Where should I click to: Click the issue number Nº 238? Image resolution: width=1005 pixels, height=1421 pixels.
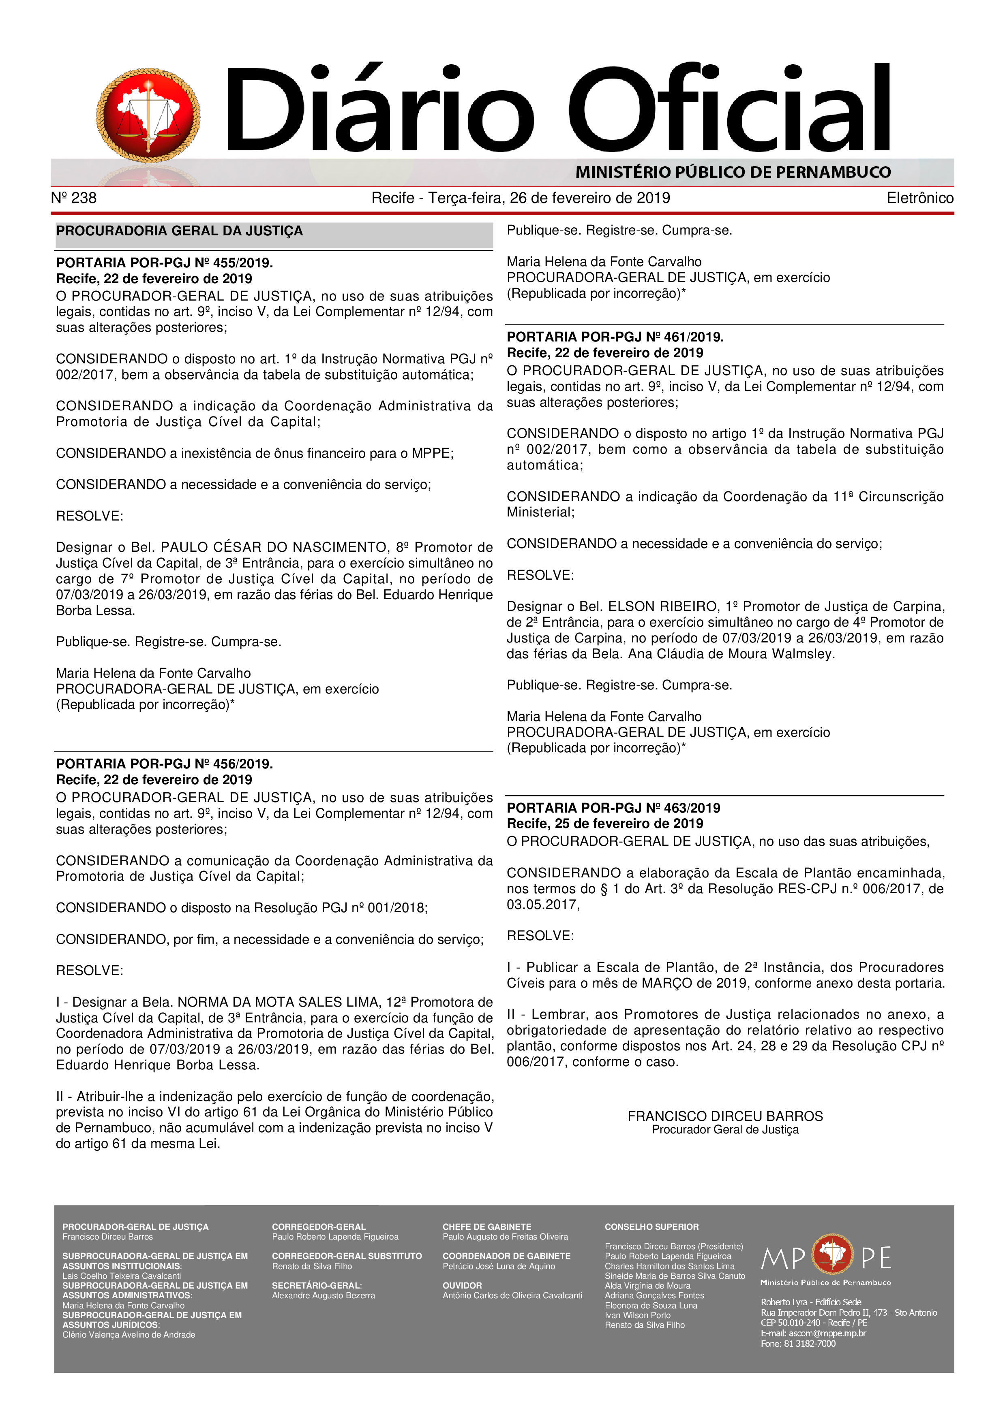pos(74,198)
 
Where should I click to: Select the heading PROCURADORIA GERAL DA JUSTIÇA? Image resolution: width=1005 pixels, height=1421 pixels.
pos(180,231)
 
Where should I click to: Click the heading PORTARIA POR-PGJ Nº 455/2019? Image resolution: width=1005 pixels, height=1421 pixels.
pos(165,262)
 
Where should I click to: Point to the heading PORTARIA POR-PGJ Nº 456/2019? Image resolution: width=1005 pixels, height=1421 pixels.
pos(165,764)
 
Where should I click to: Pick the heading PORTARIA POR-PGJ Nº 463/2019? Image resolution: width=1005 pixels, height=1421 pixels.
pos(613,808)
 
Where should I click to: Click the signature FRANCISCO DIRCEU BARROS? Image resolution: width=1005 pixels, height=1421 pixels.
pos(725,1116)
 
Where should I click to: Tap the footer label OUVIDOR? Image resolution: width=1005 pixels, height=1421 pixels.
pos(462,1285)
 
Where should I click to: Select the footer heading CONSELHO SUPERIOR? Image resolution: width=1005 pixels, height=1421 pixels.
pos(651,1227)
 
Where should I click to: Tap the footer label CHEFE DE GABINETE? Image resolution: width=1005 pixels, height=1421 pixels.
pos(487,1227)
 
